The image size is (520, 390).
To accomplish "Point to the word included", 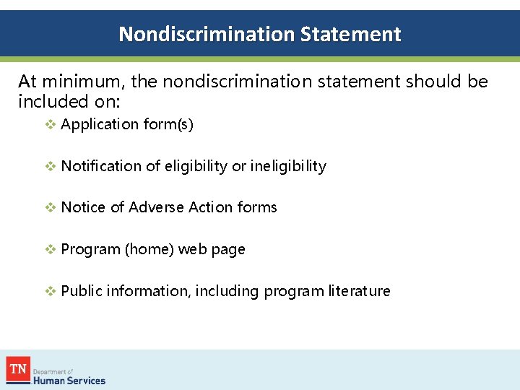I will (x=49, y=101).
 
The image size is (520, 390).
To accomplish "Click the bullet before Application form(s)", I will (x=50, y=124).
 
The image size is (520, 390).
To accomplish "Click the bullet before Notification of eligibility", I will (x=50, y=166).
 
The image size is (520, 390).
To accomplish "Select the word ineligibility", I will (x=288, y=166).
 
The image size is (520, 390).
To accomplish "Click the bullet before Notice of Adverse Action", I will (x=50, y=207).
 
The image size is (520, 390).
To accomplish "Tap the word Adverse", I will (x=156, y=207).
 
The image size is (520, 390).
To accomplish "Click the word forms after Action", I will (x=257, y=207).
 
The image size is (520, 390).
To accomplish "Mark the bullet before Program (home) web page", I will (x=50, y=249).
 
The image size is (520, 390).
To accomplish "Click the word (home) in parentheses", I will (x=149, y=249).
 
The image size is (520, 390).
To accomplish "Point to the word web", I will (x=191, y=249).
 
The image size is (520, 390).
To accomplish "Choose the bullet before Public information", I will (x=50, y=291).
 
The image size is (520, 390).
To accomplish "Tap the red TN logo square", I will (x=17, y=369).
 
